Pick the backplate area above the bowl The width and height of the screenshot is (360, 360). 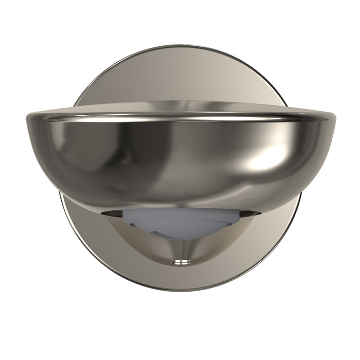[180, 77]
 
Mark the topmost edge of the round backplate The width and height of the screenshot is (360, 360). [180, 45]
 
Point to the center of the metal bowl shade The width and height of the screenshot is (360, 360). [180, 159]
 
